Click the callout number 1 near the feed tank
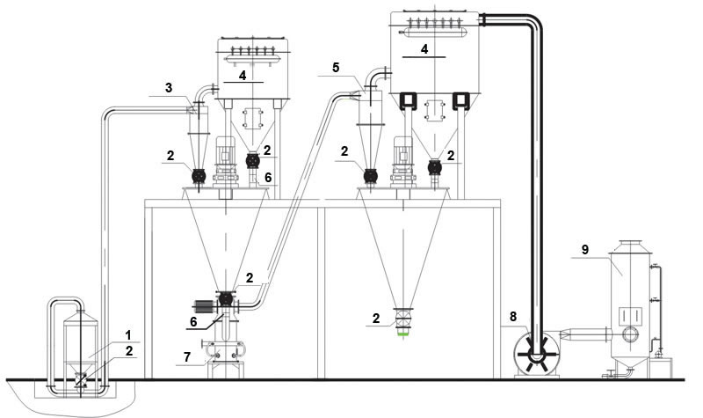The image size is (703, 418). pos(128,335)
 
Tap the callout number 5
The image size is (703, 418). pos(336,67)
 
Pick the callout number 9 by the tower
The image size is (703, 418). pos(584,250)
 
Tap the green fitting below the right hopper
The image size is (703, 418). pos(403,333)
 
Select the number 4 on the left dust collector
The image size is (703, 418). pos(243,77)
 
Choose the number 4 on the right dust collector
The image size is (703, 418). pos(424,50)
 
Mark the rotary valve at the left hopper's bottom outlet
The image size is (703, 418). pos(227,299)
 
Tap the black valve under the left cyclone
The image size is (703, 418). pos(199,175)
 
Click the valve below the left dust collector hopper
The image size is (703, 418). pos(253,161)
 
